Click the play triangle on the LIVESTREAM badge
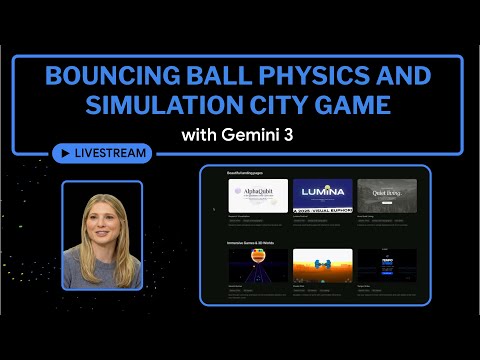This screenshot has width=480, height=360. pos(65,153)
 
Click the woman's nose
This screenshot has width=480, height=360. pos(101,231)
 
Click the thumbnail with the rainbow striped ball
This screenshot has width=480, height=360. pos(258,266)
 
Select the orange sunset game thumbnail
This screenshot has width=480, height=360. pos(322,266)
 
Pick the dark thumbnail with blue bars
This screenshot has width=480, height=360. pos(386,266)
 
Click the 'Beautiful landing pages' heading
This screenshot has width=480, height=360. pos(251,173)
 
